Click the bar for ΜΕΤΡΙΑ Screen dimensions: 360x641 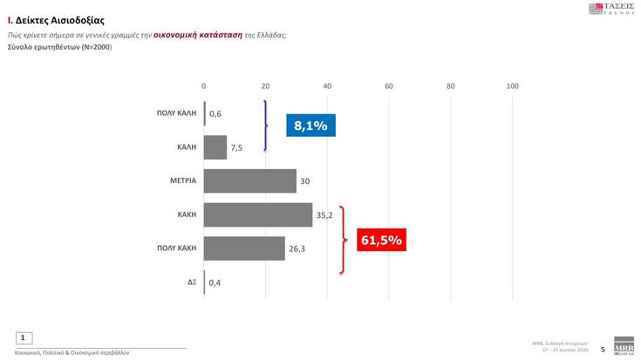[249, 180]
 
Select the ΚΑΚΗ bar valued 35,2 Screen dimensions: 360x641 [257, 214]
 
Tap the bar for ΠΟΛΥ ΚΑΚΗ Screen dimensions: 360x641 [244, 248]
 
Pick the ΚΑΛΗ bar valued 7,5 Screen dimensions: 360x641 [215, 147]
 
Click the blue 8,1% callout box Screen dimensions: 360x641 [310, 126]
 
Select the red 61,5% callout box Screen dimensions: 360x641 [380, 240]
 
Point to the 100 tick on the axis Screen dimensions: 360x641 [512, 86]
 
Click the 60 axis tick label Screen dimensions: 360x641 [389, 86]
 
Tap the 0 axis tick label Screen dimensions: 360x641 [203, 86]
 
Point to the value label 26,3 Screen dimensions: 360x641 [297, 248]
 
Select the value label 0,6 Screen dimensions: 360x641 [215, 113]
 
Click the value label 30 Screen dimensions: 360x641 [304, 180]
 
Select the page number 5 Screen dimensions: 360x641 [603, 347]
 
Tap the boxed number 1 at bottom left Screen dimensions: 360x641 [24, 336]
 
